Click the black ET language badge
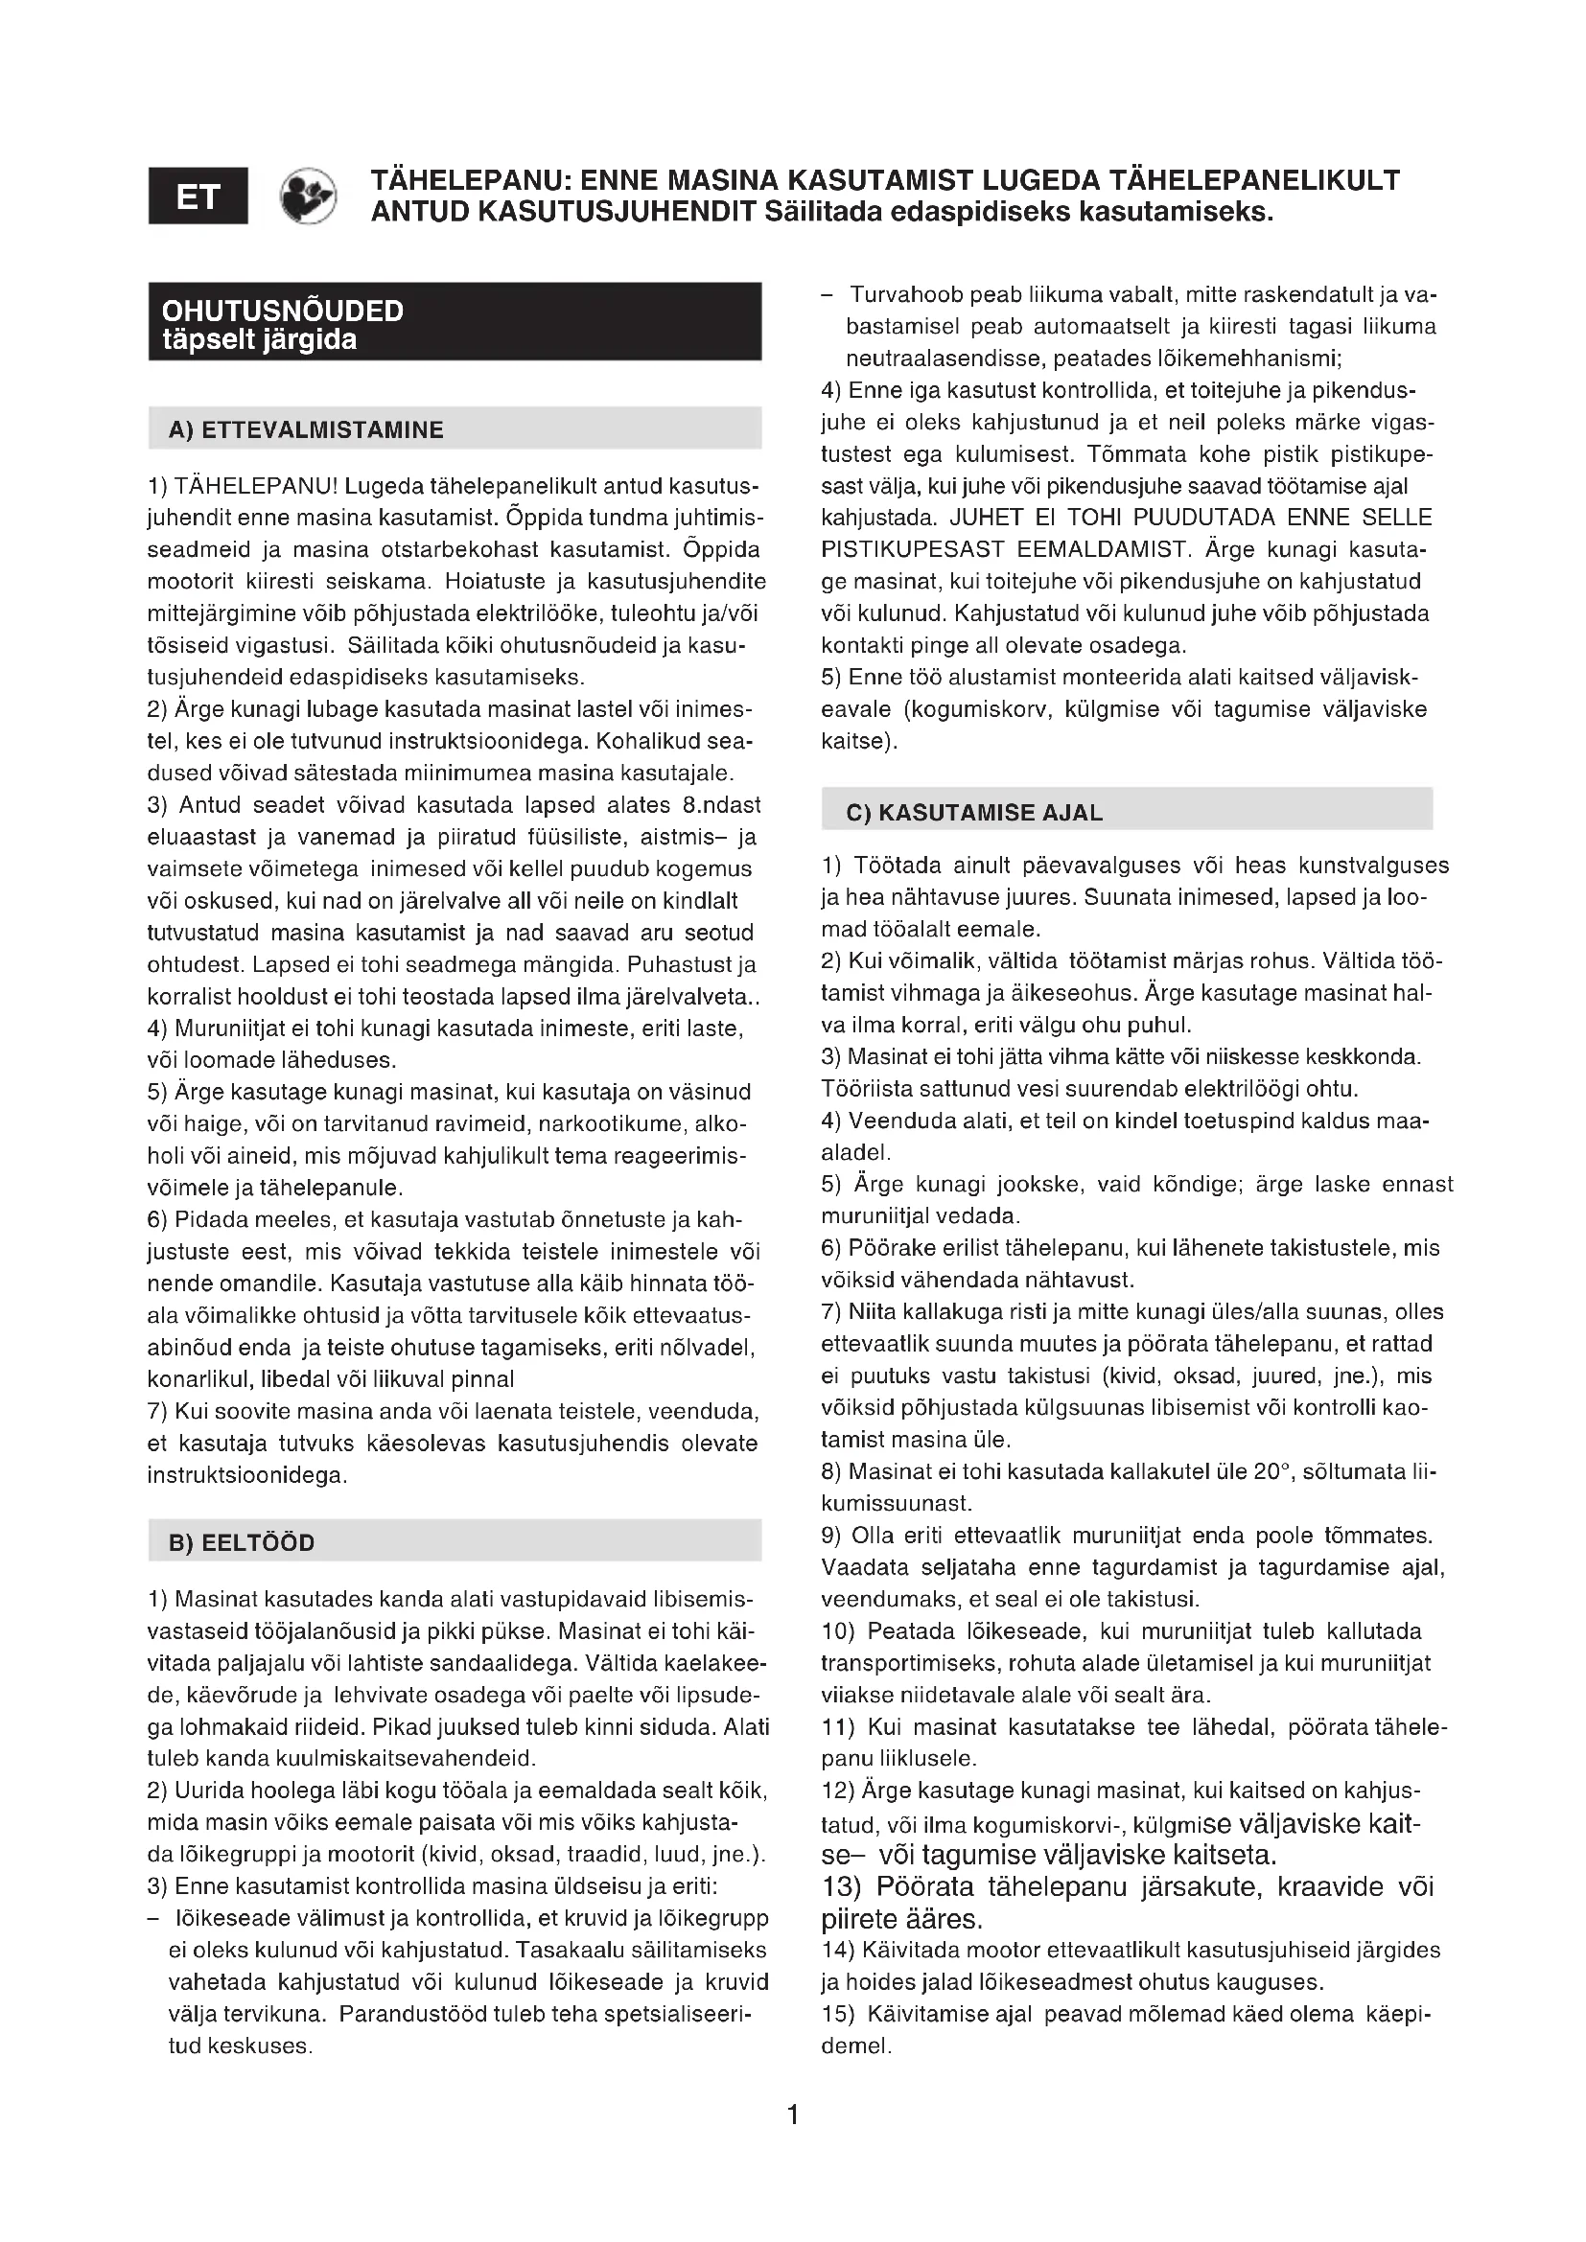pos(198,196)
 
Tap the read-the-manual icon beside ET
pos(308,196)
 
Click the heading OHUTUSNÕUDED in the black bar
pos(282,311)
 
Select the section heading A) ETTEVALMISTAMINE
pos(306,430)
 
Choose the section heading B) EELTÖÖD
pos(242,1543)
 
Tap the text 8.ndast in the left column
pos(716,805)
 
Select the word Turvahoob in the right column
pos(898,295)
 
